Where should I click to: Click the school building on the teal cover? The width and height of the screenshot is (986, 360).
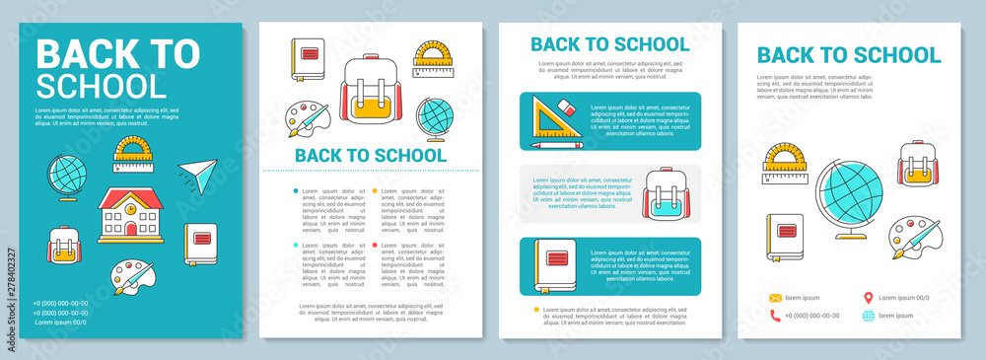(130, 214)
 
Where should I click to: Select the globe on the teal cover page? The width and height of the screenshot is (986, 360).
(67, 179)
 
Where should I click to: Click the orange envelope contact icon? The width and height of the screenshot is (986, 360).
(776, 297)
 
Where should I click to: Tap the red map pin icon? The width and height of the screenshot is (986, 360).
(869, 297)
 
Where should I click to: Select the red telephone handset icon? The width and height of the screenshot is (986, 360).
(776, 316)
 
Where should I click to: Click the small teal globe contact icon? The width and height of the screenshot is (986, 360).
(869, 316)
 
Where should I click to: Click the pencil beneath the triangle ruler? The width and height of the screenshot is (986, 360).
(556, 144)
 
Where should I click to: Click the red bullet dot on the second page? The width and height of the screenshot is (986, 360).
(377, 244)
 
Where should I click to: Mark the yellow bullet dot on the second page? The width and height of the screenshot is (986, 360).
(377, 188)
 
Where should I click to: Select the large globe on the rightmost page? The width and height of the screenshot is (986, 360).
(847, 198)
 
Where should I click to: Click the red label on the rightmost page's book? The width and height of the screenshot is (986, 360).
(788, 231)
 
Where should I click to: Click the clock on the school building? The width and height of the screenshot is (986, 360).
(130, 210)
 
